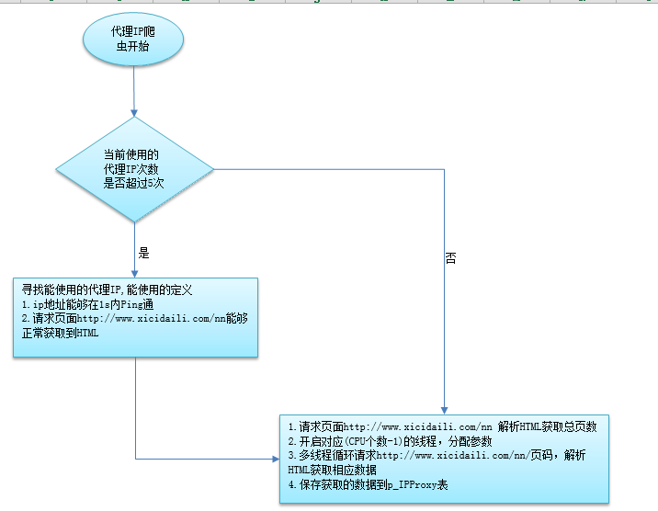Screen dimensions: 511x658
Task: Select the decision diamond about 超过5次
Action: tap(134, 169)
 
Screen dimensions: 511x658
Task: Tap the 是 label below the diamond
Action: tap(142, 252)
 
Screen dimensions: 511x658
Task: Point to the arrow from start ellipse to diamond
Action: tap(134, 92)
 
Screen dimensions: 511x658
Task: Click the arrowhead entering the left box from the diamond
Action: tap(135, 273)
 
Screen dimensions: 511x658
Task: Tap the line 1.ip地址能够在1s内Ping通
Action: tap(84, 304)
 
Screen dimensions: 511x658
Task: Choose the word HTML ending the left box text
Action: tap(87, 333)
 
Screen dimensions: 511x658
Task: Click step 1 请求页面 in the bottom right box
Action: tap(442, 426)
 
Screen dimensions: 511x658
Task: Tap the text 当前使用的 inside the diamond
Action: tap(131, 155)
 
